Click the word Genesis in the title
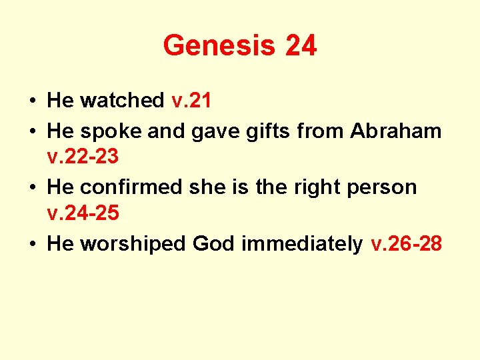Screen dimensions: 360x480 point(219,46)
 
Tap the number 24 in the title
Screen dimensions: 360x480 point(301,46)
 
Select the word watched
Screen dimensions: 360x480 point(122,101)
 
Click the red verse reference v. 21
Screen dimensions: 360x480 point(191,101)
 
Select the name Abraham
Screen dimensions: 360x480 point(396,131)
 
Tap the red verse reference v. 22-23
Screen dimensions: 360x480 point(83,158)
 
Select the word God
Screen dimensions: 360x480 point(214,244)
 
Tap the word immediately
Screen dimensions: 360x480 point(302,244)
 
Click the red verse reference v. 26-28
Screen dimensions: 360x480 point(406,244)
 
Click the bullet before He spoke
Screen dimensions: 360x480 point(32,132)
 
